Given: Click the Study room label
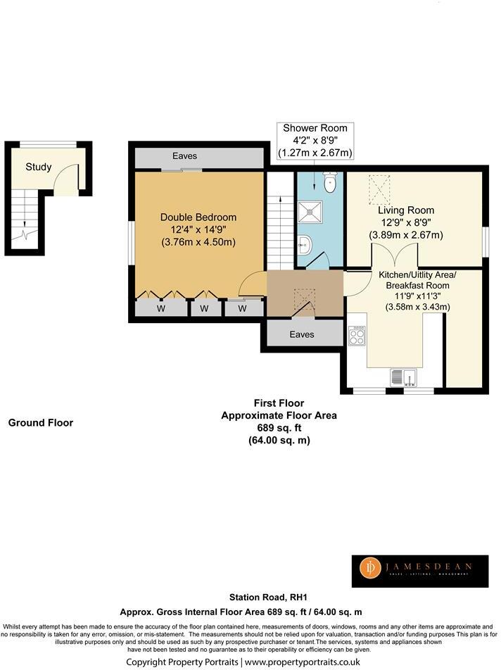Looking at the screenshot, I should point(39,167).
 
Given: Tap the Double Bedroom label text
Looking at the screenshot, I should point(198,217).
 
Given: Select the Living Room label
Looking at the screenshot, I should point(405,210).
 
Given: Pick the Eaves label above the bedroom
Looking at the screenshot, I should point(185,156).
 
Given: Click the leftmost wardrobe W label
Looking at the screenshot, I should point(160,308).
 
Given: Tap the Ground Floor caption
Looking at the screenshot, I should point(41,423).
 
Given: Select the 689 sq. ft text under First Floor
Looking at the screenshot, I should point(279,428).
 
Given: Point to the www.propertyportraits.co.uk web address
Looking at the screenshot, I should point(303,662).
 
